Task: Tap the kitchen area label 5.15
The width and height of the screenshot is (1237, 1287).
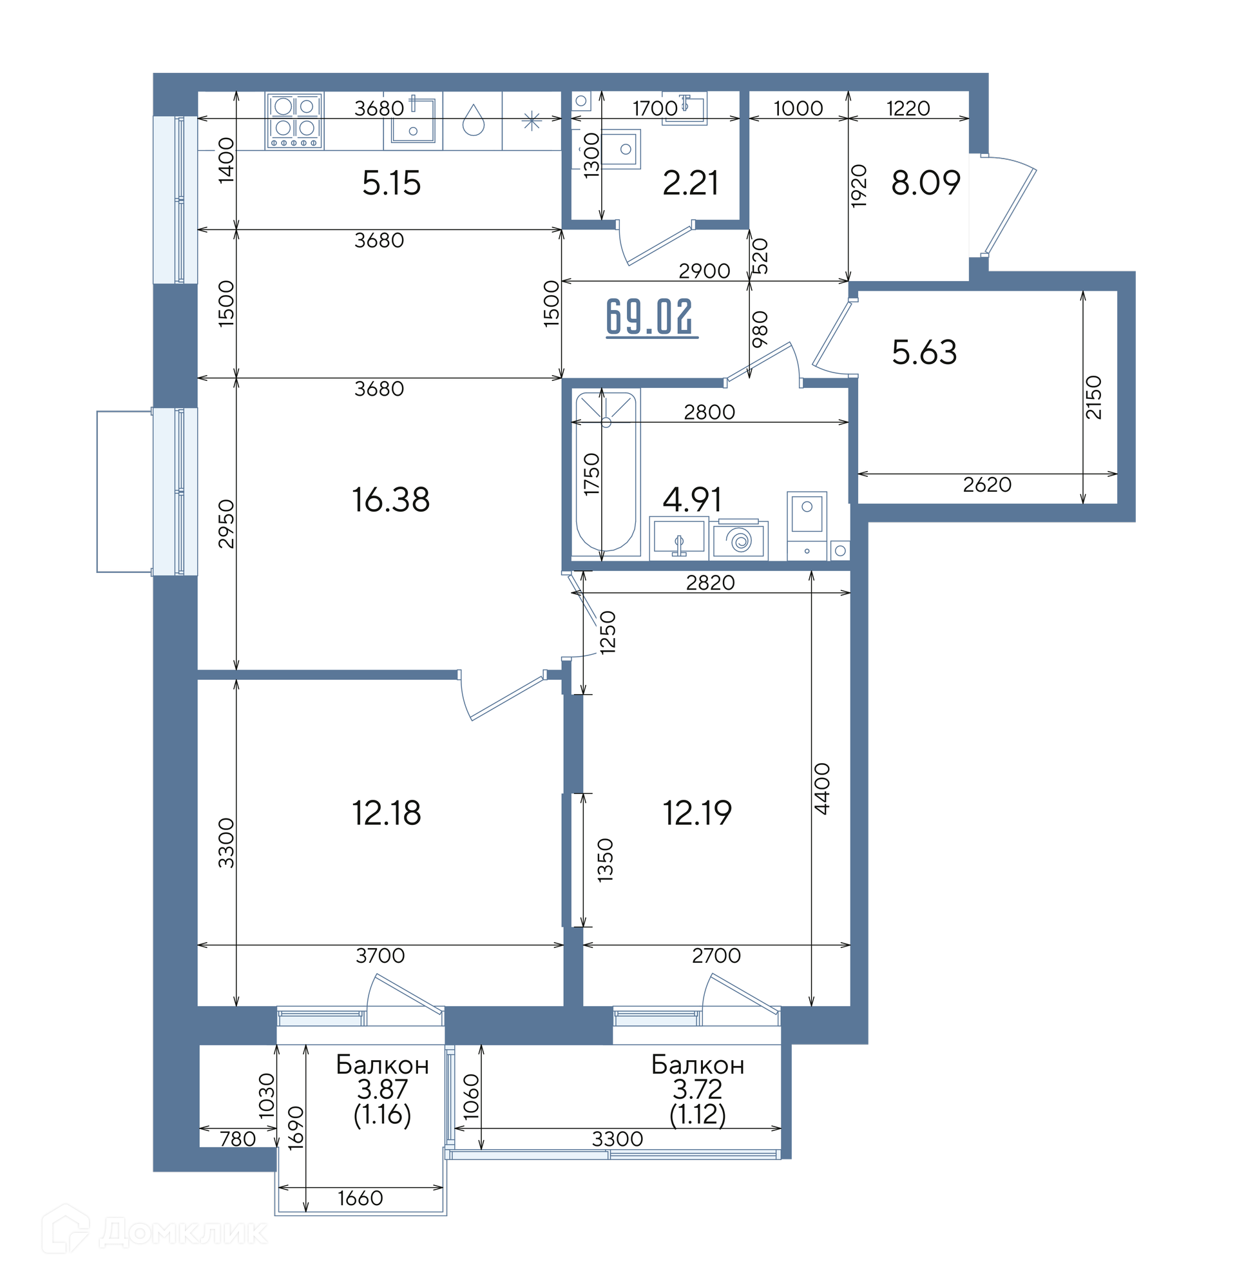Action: pyautogui.click(x=391, y=182)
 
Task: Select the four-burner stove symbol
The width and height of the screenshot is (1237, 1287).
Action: pyautogui.click(x=294, y=121)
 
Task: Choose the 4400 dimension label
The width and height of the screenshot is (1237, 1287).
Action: pyautogui.click(x=821, y=789)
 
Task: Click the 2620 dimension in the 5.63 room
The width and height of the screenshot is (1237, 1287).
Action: pyautogui.click(x=987, y=485)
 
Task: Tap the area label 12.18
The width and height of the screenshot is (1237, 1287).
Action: pyautogui.click(x=386, y=813)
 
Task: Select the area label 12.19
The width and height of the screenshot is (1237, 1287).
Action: pyautogui.click(x=696, y=813)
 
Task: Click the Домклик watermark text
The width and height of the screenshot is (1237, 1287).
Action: pyautogui.click(x=183, y=1233)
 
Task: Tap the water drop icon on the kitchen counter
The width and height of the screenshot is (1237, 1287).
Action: pyautogui.click(x=473, y=120)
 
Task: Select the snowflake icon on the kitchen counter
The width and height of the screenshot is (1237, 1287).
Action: pyautogui.click(x=531, y=121)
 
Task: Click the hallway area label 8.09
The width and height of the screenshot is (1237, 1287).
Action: pyautogui.click(x=926, y=182)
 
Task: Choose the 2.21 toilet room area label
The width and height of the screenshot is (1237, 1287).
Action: pyautogui.click(x=690, y=182)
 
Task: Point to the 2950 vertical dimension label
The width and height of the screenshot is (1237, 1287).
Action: pyautogui.click(x=226, y=524)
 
